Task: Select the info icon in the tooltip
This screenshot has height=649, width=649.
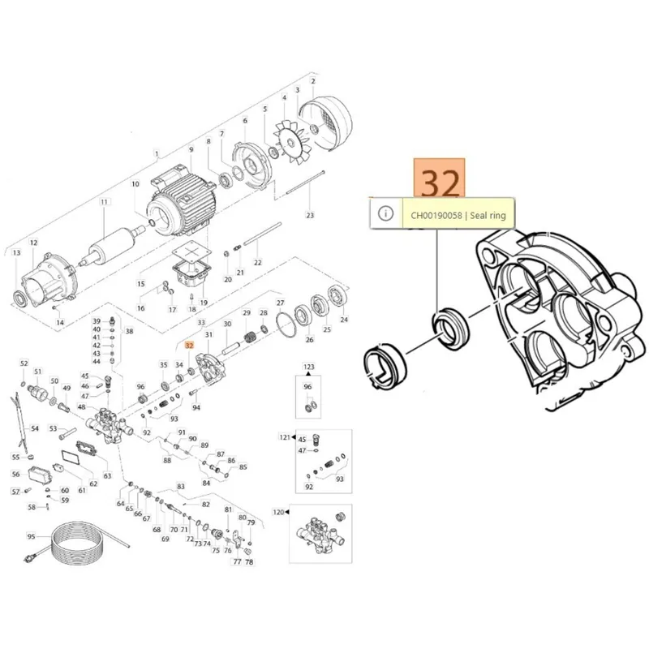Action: point(386,214)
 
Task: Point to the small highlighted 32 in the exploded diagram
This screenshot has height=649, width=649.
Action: point(189,345)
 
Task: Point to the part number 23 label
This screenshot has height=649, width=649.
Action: point(309,215)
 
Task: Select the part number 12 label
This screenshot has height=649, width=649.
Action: point(33,243)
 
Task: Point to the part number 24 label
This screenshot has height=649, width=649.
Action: point(343,320)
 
